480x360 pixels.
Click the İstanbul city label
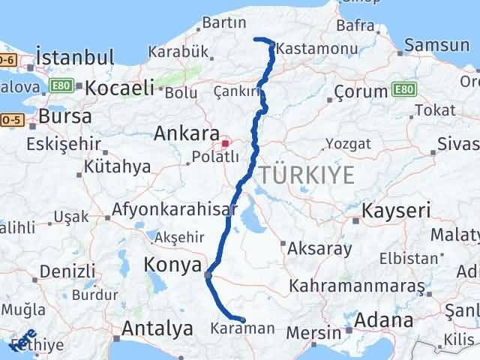click(x=75, y=58)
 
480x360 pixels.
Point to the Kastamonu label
click(x=305, y=49)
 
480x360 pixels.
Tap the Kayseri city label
click(x=396, y=211)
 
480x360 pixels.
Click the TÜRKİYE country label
click(x=307, y=175)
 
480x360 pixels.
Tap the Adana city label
click(x=385, y=321)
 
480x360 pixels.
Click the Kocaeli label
click(x=120, y=88)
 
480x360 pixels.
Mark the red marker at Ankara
click(x=225, y=141)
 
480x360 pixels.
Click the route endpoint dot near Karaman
click(x=242, y=319)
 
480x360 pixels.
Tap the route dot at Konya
click(x=208, y=274)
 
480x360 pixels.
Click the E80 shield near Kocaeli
click(x=61, y=86)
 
